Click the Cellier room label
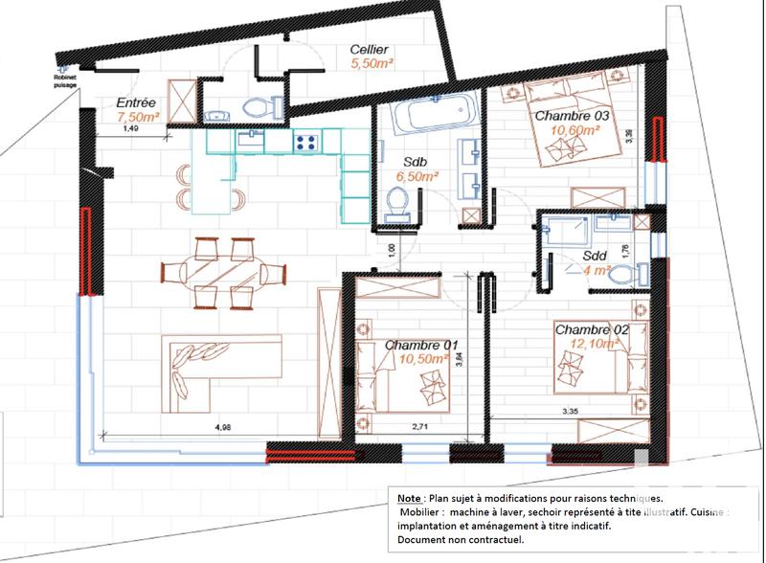pos(369,49)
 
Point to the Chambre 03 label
pos(573,116)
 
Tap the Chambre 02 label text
pos(591,329)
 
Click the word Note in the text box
pos(407,499)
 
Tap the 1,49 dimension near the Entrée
pos(132,128)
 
